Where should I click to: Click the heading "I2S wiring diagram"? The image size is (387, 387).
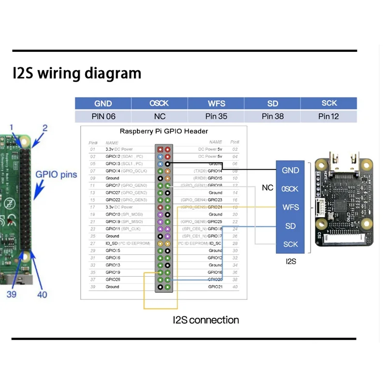click(x=77, y=74)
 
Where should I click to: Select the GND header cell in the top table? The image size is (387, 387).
click(x=103, y=103)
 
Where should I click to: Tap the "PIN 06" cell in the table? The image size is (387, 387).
click(x=103, y=116)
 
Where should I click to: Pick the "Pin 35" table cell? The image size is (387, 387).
click(x=216, y=116)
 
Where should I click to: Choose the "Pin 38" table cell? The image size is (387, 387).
click(x=272, y=116)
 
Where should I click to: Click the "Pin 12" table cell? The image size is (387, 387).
click(x=328, y=116)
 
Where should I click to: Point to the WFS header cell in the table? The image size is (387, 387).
click(x=216, y=103)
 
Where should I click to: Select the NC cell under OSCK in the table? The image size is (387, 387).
click(x=160, y=116)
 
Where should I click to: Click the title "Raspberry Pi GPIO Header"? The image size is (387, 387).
click(x=164, y=131)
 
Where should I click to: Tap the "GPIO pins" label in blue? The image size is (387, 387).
click(x=56, y=175)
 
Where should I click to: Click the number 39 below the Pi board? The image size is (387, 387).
click(x=12, y=294)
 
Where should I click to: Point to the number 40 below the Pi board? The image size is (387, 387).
click(x=42, y=294)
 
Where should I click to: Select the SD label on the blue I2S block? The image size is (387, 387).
click(x=290, y=226)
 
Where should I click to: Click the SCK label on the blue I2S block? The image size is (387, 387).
click(x=290, y=244)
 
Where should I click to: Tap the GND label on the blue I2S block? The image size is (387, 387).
click(x=290, y=170)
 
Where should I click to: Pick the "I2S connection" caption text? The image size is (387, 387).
click(x=206, y=320)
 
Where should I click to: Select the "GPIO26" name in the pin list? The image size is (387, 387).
click(x=113, y=280)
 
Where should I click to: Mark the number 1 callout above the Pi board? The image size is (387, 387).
click(x=12, y=128)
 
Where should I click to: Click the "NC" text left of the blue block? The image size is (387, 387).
click(x=268, y=187)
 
